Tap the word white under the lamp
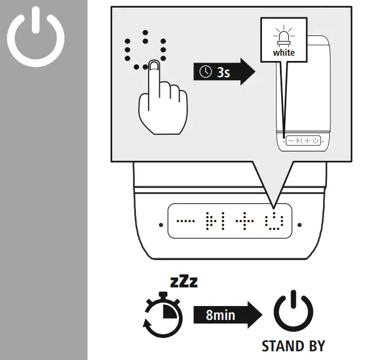click(x=284, y=53)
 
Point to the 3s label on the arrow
click(x=224, y=72)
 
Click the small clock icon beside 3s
click(x=206, y=72)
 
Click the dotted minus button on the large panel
click(x=186, y=221)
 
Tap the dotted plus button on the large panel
click(x=244, y=221)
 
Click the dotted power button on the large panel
click(x=273, y=221)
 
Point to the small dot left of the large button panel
click(x=160, y=224)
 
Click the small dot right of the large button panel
click(x=299, y=224)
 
